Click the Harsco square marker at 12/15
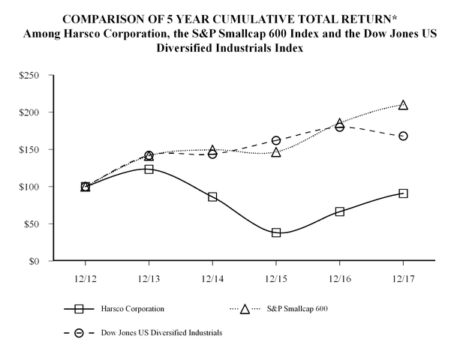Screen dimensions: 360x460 276,232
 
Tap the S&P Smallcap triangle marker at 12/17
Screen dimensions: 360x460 404,105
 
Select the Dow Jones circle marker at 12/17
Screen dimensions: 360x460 404,136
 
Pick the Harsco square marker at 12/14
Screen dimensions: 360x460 212,196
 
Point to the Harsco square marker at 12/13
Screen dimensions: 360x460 149,169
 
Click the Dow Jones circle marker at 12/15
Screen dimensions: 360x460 276,140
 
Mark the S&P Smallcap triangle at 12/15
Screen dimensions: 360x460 276,152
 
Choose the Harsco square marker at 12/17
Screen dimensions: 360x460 404,193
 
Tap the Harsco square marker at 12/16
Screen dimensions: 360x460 340,211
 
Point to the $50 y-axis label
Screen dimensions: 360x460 34,223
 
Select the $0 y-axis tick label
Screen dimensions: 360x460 38,261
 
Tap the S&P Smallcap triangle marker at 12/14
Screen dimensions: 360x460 212,151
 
